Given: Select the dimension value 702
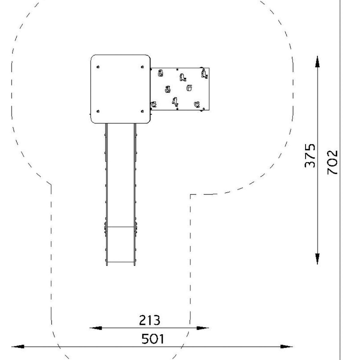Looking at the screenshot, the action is pos(332,162).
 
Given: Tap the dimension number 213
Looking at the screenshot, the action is pos(150,320).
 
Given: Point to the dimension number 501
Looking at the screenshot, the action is pos(153,339).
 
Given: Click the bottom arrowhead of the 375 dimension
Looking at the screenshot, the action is pos(317,259).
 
